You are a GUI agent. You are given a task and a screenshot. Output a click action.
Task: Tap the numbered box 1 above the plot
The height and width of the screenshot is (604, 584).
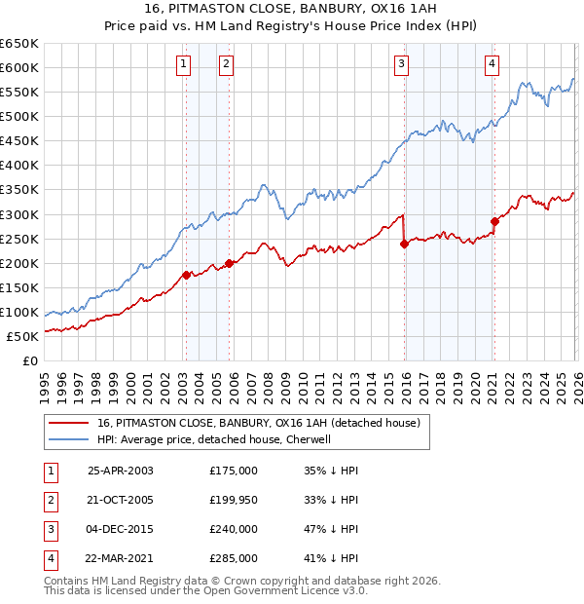click(x=184, y=65)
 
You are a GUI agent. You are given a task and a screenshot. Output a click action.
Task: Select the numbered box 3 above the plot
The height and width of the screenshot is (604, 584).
click(x=401, y=65)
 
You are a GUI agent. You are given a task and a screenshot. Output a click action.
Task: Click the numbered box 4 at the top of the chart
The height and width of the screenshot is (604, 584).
click(x=493, y=65)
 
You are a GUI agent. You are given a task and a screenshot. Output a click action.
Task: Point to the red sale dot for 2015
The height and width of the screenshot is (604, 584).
click(x=404, y=244)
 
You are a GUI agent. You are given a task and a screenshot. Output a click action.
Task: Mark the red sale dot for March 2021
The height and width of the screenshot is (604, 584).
click(x=494, y=221)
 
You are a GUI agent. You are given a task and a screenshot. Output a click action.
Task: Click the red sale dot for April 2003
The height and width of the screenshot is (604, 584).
click(x=186, y=275)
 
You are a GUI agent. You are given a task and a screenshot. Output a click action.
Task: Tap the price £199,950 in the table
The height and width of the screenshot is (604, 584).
click(x=234, y=500)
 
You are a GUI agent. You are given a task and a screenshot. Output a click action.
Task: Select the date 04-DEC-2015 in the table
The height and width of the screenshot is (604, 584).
click(x=120, y=529)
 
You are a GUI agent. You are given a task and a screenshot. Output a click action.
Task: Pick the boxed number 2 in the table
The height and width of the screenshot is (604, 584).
click(x=49, y=500)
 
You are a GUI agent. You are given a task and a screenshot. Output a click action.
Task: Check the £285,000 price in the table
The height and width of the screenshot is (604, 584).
click(x=234, y=558)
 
